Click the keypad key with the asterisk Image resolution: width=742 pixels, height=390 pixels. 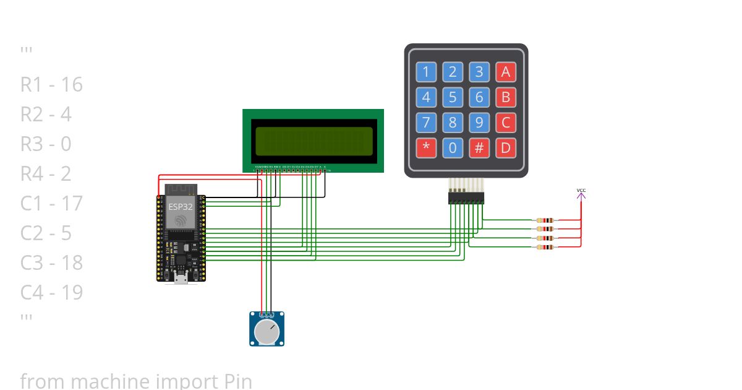(x=425, y=148)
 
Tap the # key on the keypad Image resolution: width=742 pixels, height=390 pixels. (x=479, y=148)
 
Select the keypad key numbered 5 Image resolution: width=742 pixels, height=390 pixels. (x=453, y=97)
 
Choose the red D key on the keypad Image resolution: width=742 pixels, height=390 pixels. (x=506, y=148)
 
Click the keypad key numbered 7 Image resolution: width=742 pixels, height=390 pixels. (x=425, y=123)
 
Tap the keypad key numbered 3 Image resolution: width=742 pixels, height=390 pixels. (x=479, y=72)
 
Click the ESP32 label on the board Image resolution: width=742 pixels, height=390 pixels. (x=181, y=206)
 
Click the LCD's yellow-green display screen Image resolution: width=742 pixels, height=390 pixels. (x=313, y=141)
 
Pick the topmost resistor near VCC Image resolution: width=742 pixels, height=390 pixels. (x=545, y=220)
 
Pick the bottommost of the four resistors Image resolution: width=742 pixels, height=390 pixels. (x=545, y=247)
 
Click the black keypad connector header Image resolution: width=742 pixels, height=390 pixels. (x=466, y=197)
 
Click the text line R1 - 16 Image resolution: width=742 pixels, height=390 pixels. (x=51, y=85)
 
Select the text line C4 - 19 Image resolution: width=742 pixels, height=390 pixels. (x=51, y=292)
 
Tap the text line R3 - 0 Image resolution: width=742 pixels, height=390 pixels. (x=46, y=144)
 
